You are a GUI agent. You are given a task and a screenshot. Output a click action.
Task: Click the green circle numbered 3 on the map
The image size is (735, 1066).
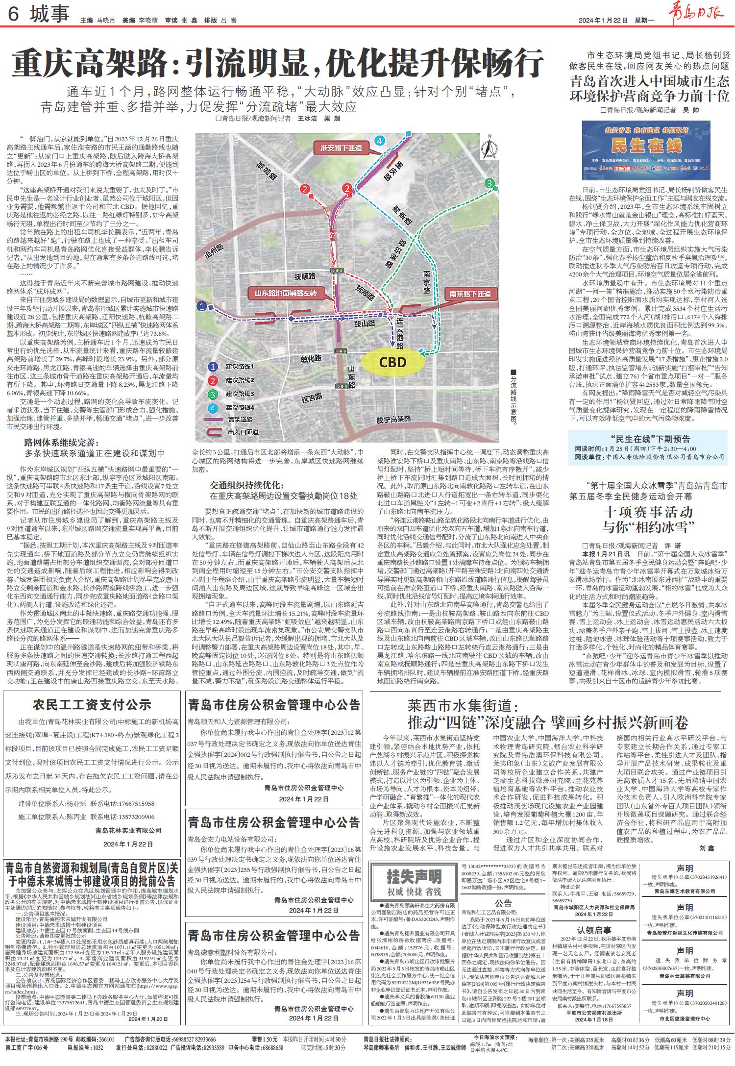tap(489, 183)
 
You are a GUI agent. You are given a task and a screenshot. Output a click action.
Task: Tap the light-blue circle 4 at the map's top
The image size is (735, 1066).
tap(379, 141)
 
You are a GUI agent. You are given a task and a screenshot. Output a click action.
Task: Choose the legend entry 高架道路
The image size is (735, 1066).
tap(240, 419)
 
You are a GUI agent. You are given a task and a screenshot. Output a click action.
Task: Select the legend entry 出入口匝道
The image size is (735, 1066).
tap(243, 432)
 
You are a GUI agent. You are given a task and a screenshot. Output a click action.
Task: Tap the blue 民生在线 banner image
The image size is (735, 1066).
tap(646, 150)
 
